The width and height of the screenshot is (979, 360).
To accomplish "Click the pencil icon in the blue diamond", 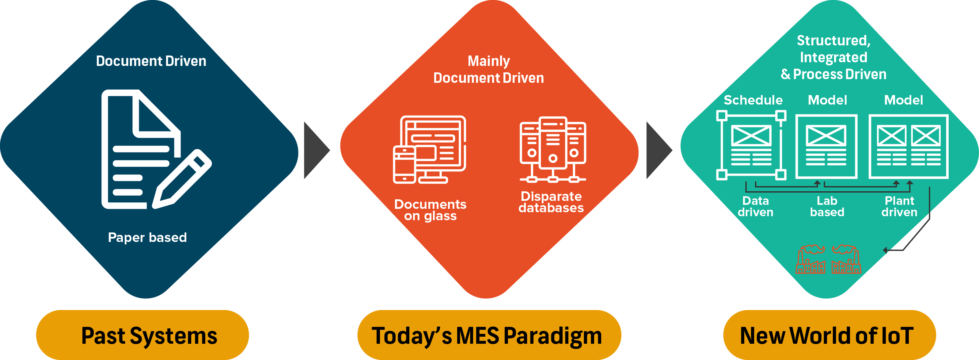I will [x=182, y=179].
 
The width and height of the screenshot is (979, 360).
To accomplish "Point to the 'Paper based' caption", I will [x=147, y=237].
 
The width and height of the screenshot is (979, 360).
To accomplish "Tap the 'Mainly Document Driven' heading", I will [x=489, y=70].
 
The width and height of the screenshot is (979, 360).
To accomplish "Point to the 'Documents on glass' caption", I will [x=430, y=210].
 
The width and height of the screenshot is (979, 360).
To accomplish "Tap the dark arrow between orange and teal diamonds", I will [x=658, y=150].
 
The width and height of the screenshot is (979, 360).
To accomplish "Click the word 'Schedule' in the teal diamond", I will [x=753, y=100].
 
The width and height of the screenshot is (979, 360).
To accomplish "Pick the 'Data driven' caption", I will [x=756, y=206].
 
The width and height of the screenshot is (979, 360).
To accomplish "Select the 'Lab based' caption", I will [x=827, y=206].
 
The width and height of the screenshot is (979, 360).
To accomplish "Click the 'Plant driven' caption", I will [x=899, y=206].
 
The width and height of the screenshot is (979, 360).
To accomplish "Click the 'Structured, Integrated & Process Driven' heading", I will [x=833, y=57].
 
